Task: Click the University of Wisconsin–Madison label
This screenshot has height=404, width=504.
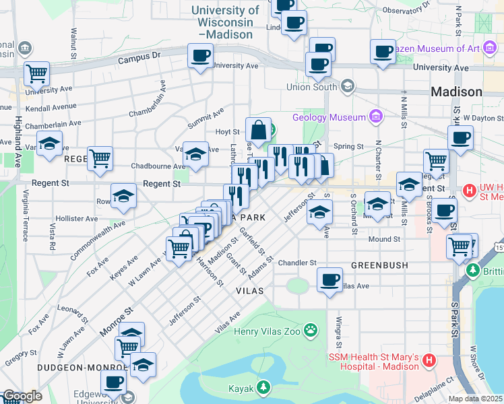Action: [x=225, y=22]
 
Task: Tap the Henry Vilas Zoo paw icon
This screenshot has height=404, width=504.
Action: [x=311, y=330]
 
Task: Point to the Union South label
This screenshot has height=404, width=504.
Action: [x=311, y=87]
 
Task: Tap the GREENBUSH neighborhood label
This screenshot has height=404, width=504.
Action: [x=379, y=265]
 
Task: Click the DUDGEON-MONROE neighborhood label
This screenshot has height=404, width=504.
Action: [x=64, y=368]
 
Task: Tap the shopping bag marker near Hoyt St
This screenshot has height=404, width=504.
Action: [x=259, y=129]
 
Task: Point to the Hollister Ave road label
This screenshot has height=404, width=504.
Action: [x=77, y=219]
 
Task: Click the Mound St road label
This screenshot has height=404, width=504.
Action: [x=384, y=239]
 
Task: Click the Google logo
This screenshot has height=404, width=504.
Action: [x=22, y=397]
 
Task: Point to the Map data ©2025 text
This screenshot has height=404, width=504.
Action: [x=475, y=399]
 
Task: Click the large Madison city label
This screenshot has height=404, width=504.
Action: [x=456, y=92]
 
